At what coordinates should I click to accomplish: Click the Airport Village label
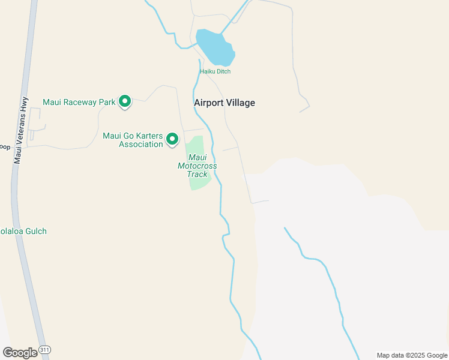(x=224, y=103)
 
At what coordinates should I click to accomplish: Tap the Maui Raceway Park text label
(x=79, y=102)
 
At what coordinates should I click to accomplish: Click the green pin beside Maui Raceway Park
(x=125, y=101)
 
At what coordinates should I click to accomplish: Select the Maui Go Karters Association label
(x=133, y=140)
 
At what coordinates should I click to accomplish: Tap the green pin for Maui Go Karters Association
(x=172, y=139)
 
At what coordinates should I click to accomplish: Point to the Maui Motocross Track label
(x=197, y=166)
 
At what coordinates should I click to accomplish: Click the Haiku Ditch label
(x=215, y=71)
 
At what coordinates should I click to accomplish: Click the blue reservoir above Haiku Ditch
(x=214, y=47)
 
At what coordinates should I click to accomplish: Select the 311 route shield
(x=44, y=349)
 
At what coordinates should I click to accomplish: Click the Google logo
(x=20, y=353)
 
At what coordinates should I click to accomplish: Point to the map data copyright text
(x=411, y=355)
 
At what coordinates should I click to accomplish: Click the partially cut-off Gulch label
(x=23, y=231)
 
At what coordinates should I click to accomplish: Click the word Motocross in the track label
(x=197, y=166)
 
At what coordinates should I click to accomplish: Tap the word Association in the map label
(x=141, y=144)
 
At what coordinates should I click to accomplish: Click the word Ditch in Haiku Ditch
(x=223, y=71)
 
